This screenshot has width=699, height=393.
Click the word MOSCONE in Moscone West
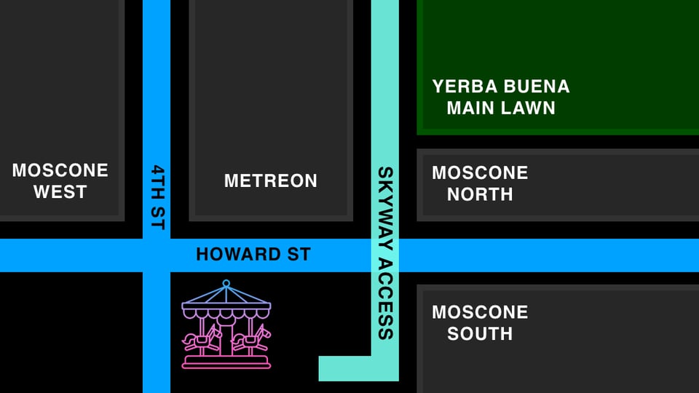pyautogui.click(x=60, y=170)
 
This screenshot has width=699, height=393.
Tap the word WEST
pyautogui.click(x=60, y=192)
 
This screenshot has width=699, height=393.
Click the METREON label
pyautogui.click(x=271, y=180)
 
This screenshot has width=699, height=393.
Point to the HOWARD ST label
pyautogui.click(x=253, y=255)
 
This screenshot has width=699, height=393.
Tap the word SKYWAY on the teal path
pyautogui.click(x=385, y=201)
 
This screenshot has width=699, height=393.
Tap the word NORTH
pyautogui.click(x=480, y=194)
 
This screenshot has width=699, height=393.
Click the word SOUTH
pyautogui.click(x=480, y=333)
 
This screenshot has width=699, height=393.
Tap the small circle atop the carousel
pyautogui.click(x=226, y=282)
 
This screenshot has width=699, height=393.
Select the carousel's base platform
pyautogui.click(x=226, y=361)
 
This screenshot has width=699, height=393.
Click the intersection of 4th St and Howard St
pyautogui.click(x=157, y=255)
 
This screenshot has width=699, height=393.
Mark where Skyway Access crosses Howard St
pyautogui.click(x=385, y=255)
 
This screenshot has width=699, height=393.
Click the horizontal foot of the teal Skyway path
pyautogui.click(x=347, y=368)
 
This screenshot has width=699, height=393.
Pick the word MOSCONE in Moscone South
pyautogui.click(x=480, y=312)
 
